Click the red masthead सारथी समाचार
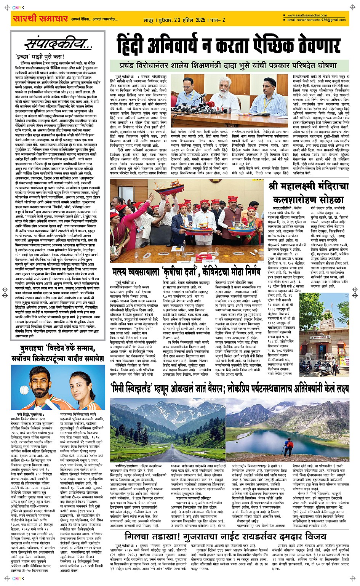coord(40,18)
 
